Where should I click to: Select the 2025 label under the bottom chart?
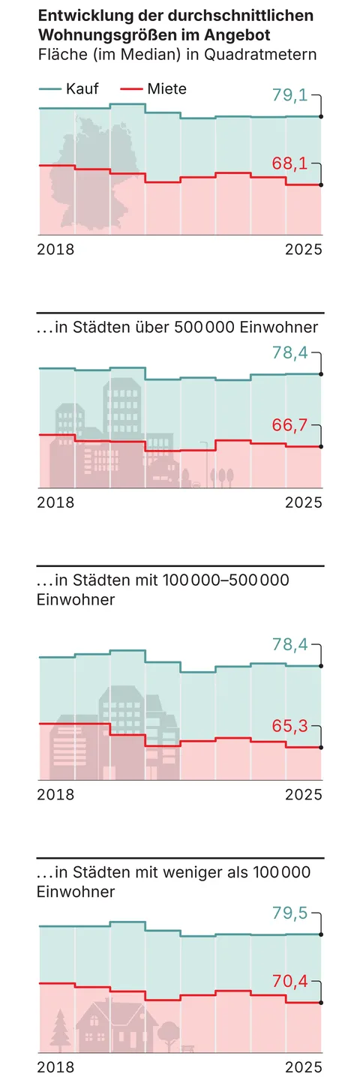point(303,1066)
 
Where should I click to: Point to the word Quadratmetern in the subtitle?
point(260,54)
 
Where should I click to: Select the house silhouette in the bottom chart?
point(115,1024)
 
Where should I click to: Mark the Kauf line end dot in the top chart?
point(321,117)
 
